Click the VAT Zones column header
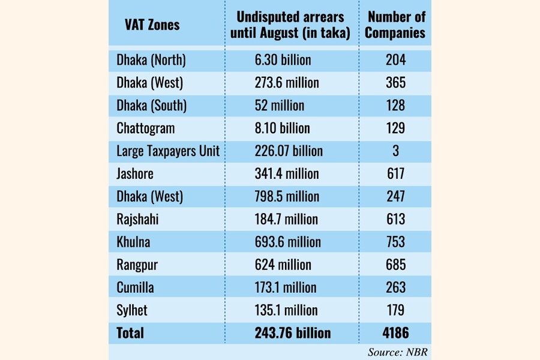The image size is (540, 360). click(152, 25)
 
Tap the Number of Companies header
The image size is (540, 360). click(396, 25)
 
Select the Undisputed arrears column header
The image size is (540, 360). click(290, 25)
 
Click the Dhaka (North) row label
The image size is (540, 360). click(151, 60)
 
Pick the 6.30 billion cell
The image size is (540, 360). click(283, 60)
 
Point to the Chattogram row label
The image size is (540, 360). click(146, 128)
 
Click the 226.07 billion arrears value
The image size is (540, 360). click(289, 151)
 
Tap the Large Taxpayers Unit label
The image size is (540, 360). click(168, 151)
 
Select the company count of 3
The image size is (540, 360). click(396, 151)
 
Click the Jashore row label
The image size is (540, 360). click(135, 174)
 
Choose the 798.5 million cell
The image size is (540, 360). click(287, 197)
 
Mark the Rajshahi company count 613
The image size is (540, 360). click(396, 220)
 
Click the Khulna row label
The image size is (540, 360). click(133, 242)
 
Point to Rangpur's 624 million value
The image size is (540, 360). click(283, 265)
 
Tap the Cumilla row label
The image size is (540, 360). click(135, 287)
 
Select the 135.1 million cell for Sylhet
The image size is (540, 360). click(286, 310)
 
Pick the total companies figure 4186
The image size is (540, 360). click(396, 333)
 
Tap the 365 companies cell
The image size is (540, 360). click(396, 83)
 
